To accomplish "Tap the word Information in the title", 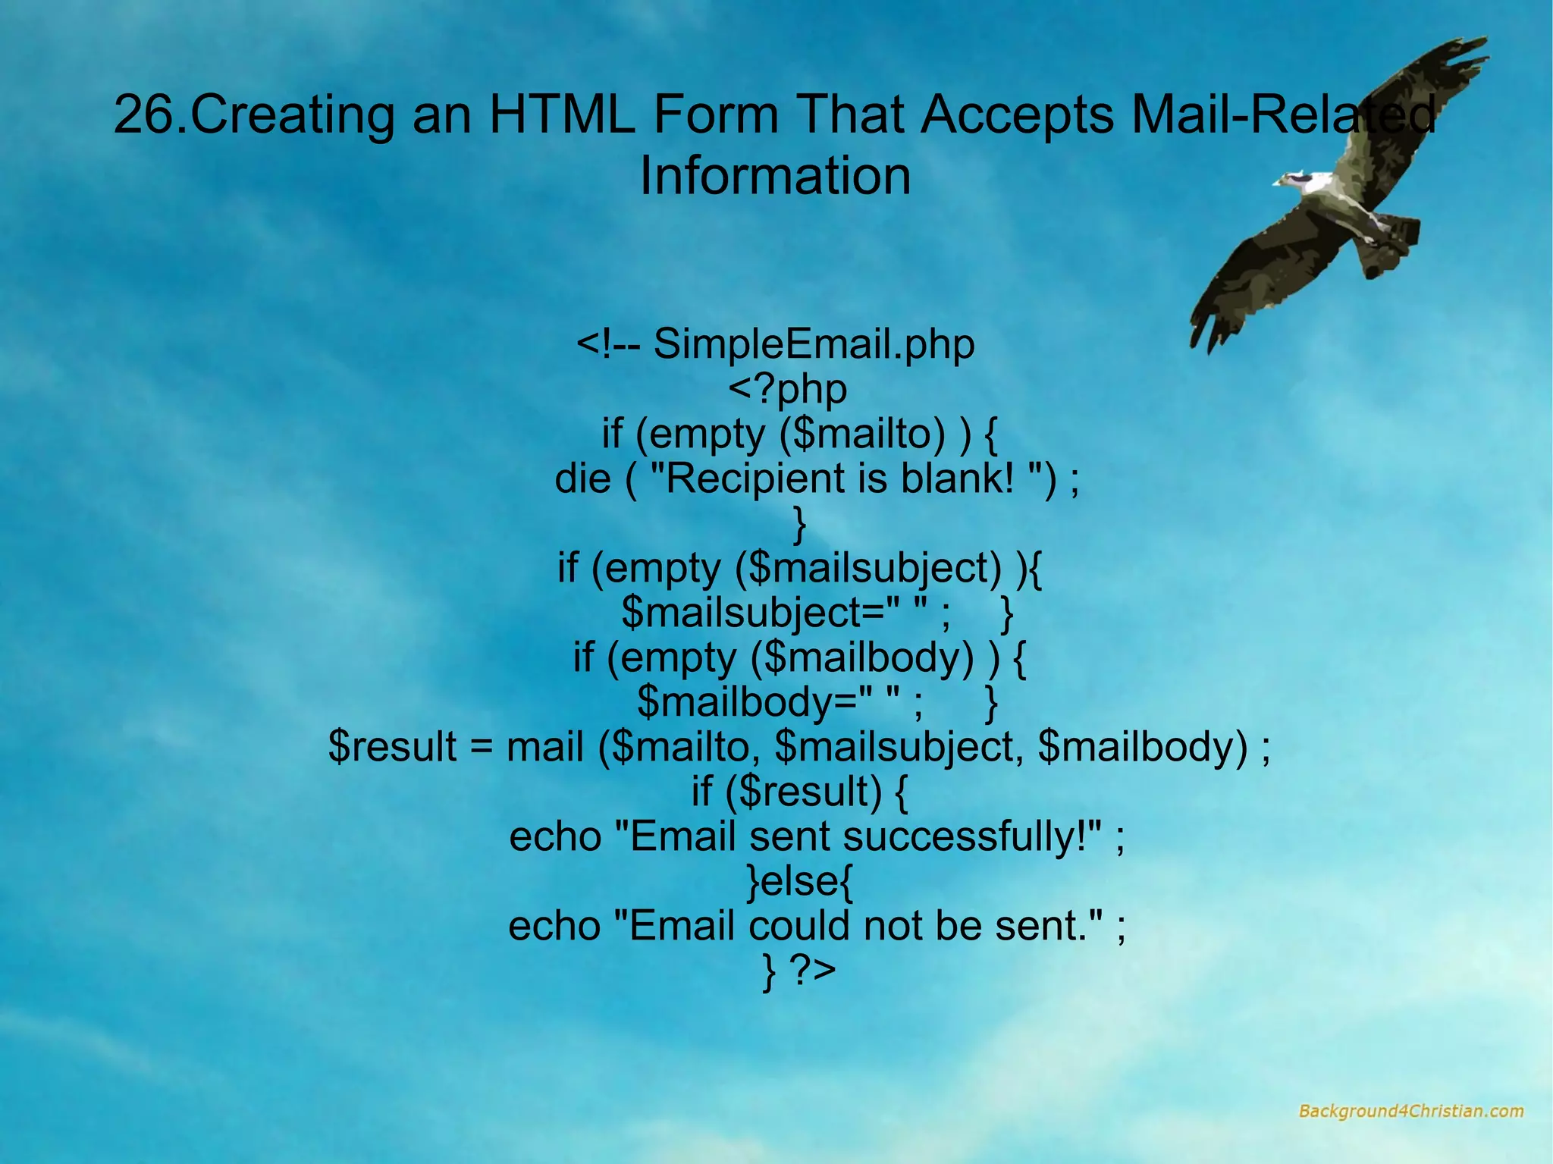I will [775, 176].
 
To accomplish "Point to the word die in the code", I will [582, 478].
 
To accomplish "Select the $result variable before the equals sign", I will [392, 747].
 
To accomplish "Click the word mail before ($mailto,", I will [544, 747].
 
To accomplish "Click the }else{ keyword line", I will [800, 881].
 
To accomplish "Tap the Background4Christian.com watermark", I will [1410, 1112].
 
